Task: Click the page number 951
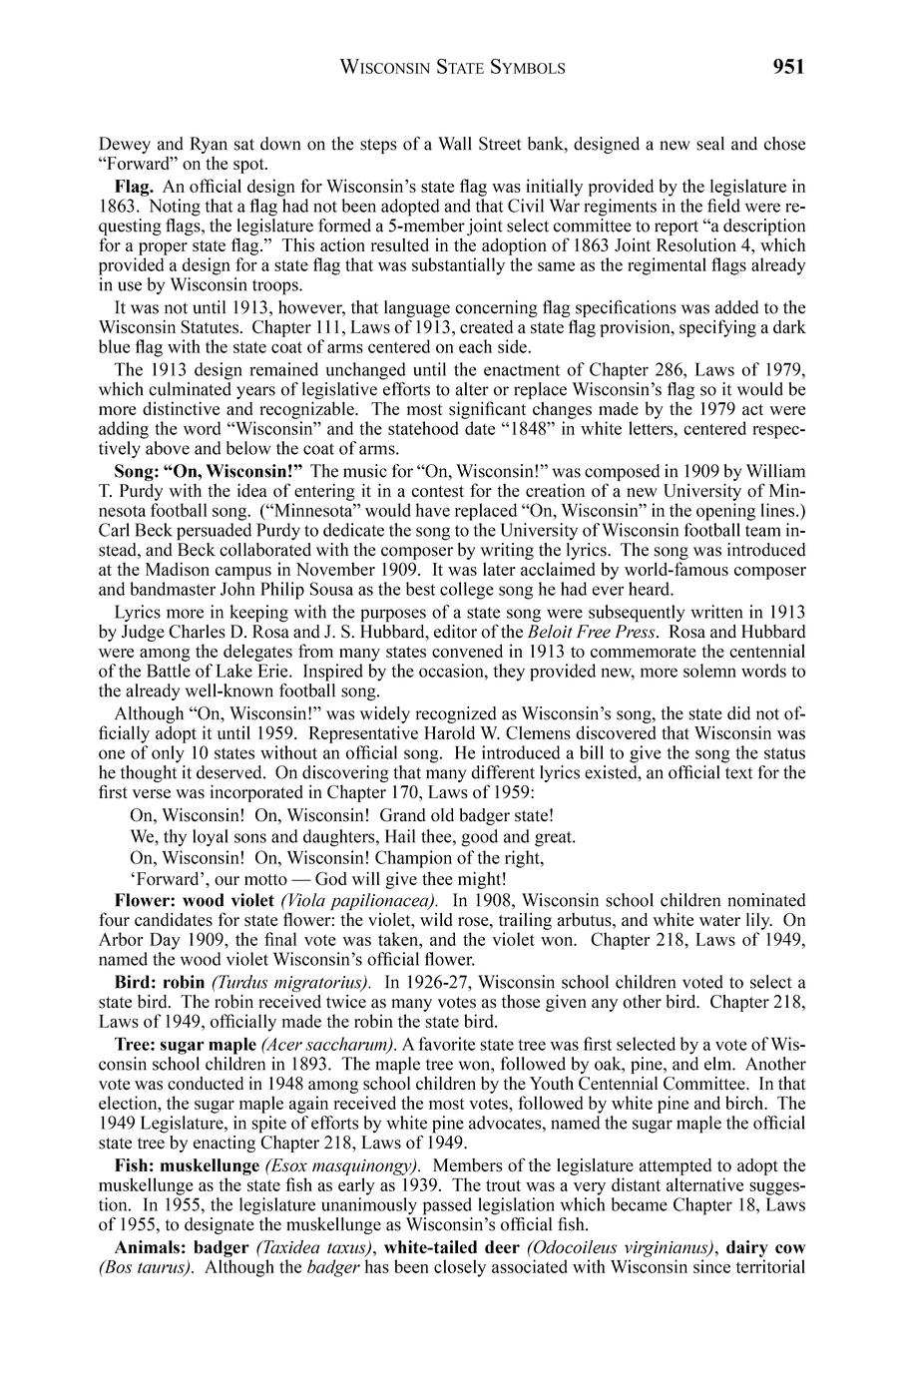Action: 787,67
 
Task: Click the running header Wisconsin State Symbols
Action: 453,68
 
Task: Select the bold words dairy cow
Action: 765,1247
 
